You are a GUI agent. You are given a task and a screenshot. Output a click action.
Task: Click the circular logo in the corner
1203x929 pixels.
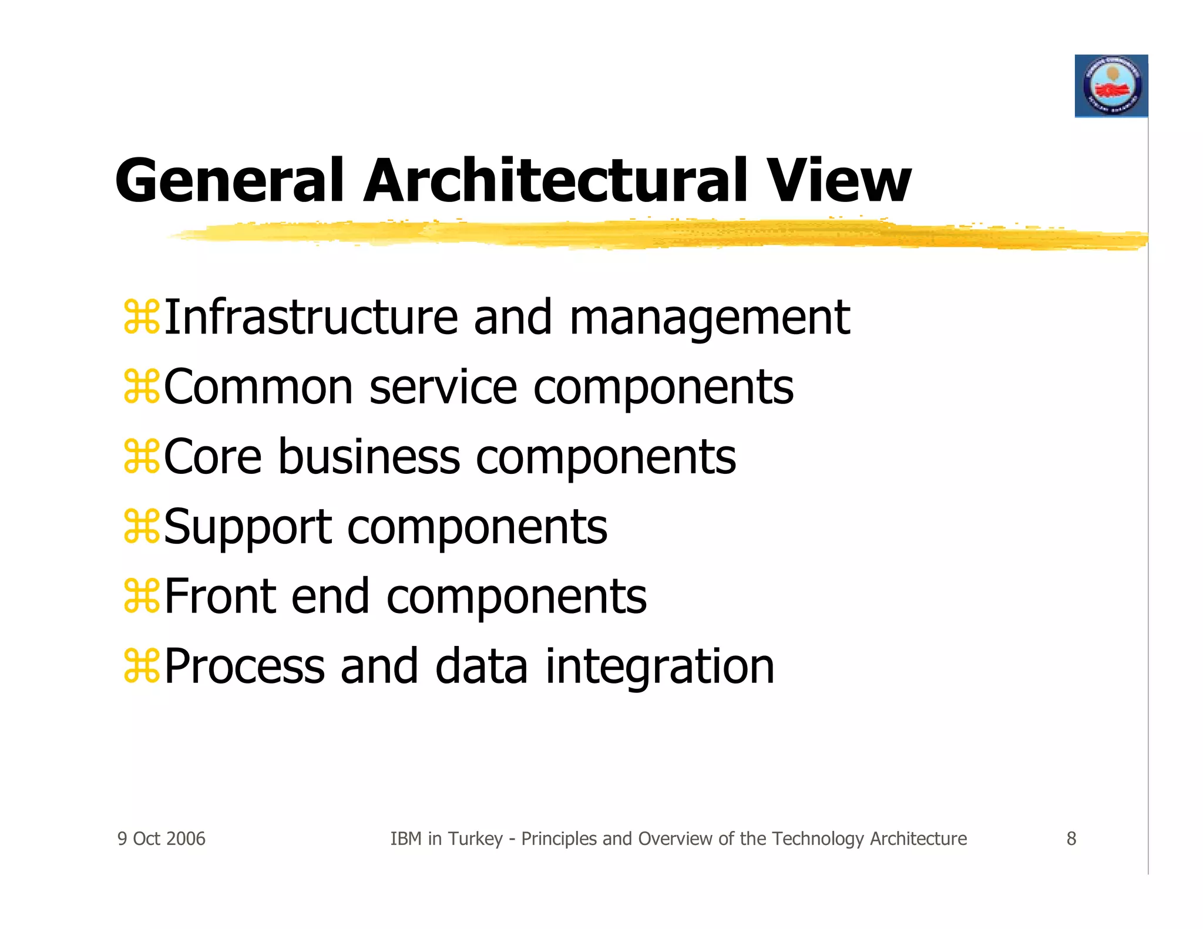(x=1111, y=86)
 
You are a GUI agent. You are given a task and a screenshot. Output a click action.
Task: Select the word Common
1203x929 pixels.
(x=258, y=388)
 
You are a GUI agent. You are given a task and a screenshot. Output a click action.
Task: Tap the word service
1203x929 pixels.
(x=443, y=388)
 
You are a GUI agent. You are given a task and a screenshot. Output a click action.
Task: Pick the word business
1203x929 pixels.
(x=369, y=457)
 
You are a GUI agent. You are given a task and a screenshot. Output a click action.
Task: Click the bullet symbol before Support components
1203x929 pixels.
(x=142, y=527)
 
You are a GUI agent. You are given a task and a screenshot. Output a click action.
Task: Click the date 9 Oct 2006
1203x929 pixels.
(x=162, y=839)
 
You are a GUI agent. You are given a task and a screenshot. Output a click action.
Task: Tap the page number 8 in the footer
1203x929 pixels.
(x=1071, y=839)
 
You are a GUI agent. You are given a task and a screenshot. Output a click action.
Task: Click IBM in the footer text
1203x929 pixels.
(x=406, y=839)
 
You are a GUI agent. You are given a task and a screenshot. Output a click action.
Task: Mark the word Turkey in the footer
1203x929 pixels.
(x=475, y=839)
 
